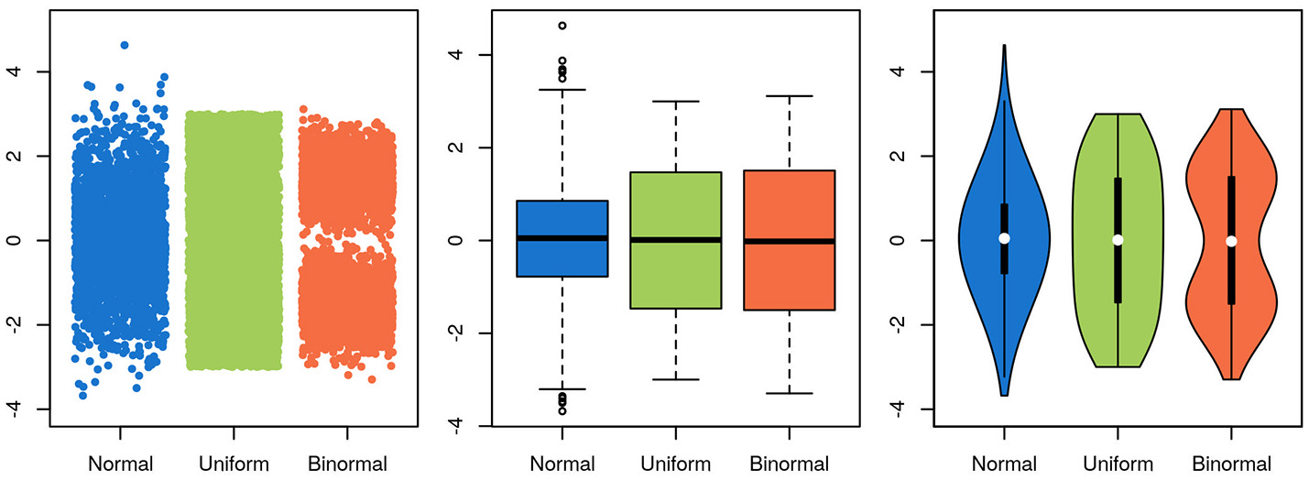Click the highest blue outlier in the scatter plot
pos(125,45)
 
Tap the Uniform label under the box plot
pos(675,464)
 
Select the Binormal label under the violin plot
pos(1231,464)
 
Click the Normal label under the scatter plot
pos(120,464)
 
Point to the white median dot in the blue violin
pos(1004,238)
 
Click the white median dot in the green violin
pos(1118,240)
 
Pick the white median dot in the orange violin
pos(1231,241)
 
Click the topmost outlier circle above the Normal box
pos(562,26)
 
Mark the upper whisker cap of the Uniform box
pos(675,102)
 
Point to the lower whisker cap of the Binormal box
pos(789,393)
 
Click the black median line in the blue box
pos(562,238)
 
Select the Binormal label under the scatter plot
pos(347,464)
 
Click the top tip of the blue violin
pos(1004,46)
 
